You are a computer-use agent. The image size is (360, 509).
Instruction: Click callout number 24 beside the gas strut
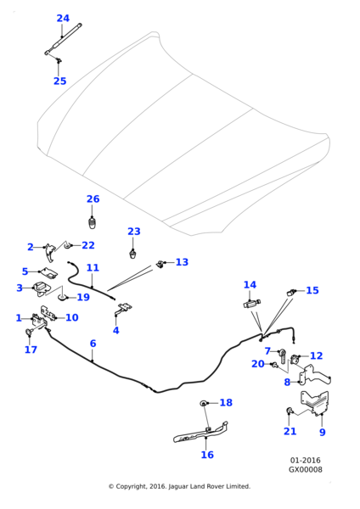[63, 18]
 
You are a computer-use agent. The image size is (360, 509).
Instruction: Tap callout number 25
[59, 81]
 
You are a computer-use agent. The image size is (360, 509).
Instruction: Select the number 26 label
[93, 199]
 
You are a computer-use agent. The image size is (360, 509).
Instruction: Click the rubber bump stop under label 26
[93, 223]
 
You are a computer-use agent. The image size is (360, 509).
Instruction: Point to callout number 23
[133, 232]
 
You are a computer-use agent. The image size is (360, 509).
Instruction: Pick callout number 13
[182, 262]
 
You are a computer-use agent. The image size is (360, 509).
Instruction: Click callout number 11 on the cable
[93, 268]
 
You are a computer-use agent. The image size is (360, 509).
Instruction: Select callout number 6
[93, 344]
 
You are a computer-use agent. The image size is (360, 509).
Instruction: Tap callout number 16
[207, 455]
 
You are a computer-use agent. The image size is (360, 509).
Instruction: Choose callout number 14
[250, 285]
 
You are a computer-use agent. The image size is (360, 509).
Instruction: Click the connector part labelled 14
[251, 303]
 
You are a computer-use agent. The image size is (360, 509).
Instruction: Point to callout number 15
[312, 290]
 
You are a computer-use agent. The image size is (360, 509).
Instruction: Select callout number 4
[116, 330]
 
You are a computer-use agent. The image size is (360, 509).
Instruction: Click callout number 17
[31, 350]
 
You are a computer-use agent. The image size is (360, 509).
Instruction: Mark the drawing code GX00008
[305, 469]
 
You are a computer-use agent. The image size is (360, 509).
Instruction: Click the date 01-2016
[305, 461]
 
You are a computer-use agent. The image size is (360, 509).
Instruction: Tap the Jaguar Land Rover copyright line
[179, 486]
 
